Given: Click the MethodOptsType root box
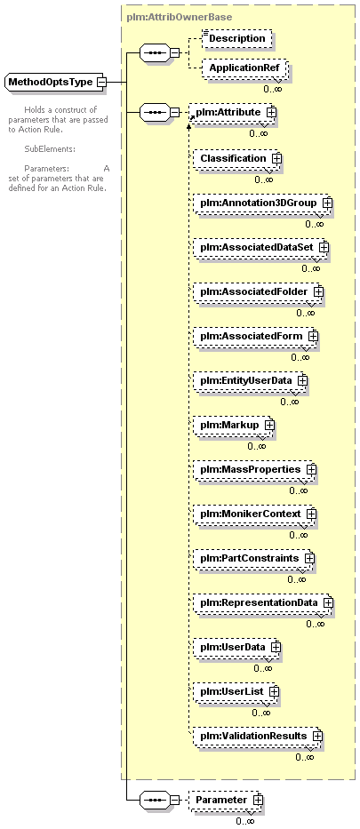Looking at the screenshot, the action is [x=55, y=82].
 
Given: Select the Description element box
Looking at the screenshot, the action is [x=237, y=38].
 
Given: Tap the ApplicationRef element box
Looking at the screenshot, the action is [x=244, y=68].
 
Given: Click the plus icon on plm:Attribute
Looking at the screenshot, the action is [x=272, y=112].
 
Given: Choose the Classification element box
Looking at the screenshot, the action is [x=236, y=159].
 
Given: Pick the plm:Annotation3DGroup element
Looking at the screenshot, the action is [x=262, y=203].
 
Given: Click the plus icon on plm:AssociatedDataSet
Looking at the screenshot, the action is [x=324, y=247].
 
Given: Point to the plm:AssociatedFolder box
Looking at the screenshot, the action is [x=258, y=291].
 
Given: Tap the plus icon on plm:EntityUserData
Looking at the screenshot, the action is [x=302, y=380].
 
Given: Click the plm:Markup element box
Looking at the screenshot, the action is [x=233, y=425].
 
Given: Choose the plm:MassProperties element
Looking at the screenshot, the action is [x=254, y=469].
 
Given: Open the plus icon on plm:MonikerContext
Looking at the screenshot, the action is [x=311, y=514].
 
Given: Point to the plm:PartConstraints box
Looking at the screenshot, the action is [x=253, y=558].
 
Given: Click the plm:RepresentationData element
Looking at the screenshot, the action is [x=263, y=602].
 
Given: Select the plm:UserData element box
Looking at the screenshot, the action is [x=236, y=647].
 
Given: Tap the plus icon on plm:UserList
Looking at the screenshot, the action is [x=274, y=691].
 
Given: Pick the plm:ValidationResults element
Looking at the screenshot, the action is [x=257, y=736].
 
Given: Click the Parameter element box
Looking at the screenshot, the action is [x=226, y=800].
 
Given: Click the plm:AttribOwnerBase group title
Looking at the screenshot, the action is [x=180, y=18].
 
